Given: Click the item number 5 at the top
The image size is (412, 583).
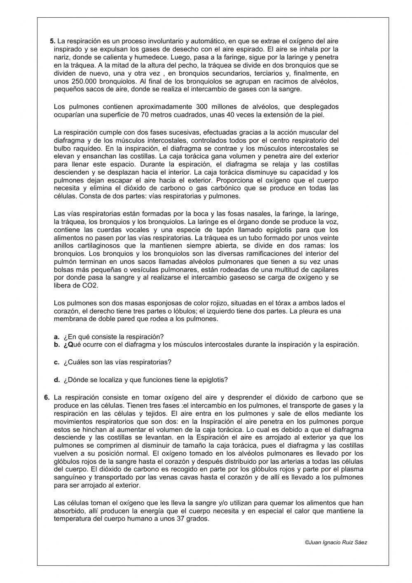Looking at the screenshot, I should click(52, 41).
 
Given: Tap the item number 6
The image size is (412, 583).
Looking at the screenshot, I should click(47, 397).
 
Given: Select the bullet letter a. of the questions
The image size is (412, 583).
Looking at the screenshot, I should click(56, 337).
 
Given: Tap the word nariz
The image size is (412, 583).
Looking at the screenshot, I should click(62, 57).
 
